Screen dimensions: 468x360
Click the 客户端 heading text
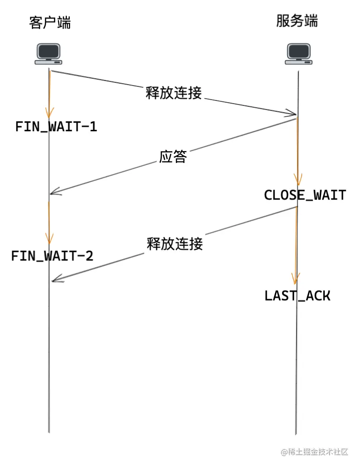click(50, 23)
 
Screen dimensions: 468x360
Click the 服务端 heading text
click(297, 21)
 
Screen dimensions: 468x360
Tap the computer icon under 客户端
click(48, 54)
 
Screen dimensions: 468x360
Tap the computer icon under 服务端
click(298, 54)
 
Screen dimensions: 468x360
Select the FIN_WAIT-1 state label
click(56, 126)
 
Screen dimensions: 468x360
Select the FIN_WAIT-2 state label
click(52, 256)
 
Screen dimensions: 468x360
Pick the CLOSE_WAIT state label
click(305, 195)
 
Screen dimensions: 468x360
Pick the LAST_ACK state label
click(298, 296)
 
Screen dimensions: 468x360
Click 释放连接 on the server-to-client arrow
click(175, 244)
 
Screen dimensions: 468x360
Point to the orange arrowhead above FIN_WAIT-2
click(49, 239)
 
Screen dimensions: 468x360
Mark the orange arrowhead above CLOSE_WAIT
click(297, 178)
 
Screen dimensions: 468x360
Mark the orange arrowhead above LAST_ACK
click(297, 278)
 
